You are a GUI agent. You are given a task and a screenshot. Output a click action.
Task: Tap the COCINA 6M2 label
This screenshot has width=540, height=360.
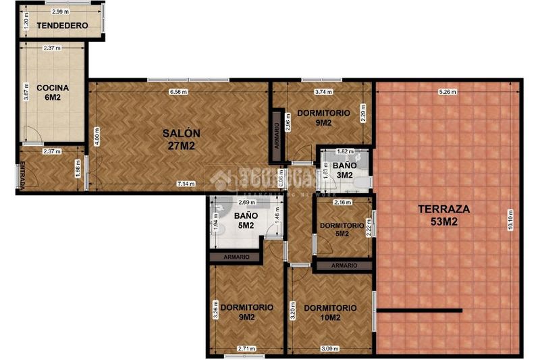[x=50, y=93]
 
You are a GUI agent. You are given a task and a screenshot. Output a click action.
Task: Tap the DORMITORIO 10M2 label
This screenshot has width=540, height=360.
[x=330, y=313]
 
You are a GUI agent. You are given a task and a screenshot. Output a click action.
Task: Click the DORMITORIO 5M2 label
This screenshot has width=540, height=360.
[x=342, y=230]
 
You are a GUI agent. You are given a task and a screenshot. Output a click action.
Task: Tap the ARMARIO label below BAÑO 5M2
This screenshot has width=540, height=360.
[x=234, y=257]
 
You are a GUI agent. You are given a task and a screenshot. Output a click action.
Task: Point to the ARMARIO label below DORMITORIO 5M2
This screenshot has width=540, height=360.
[x=343, y=265]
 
